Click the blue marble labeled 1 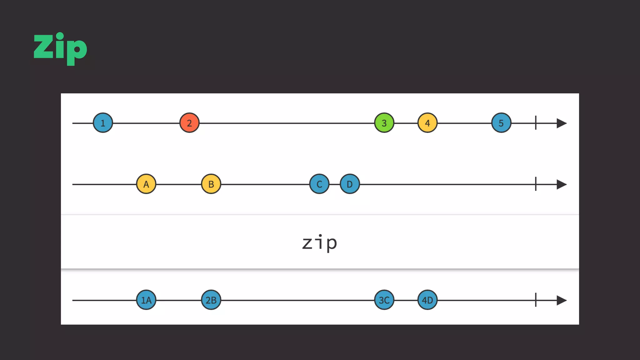pos(103,123)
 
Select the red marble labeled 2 pos(189,123)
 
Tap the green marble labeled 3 pos(384,123)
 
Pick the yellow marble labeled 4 pos(427,123)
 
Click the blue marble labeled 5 pos(501,123)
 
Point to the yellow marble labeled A pos(146,184)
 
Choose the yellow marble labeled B pos(211,184)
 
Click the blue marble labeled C pos(319,184)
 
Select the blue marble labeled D pos(350,184)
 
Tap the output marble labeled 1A pos(146,300)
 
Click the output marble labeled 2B pos(211,300)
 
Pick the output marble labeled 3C pos(384,300)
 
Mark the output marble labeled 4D pos(427,300)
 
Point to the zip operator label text pos(320,243)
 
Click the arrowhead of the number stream pos(561,123)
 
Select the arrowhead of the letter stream pos(561,184)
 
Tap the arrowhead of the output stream pos(561,300)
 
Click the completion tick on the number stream pos(536,123)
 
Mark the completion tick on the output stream pos(536,300)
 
